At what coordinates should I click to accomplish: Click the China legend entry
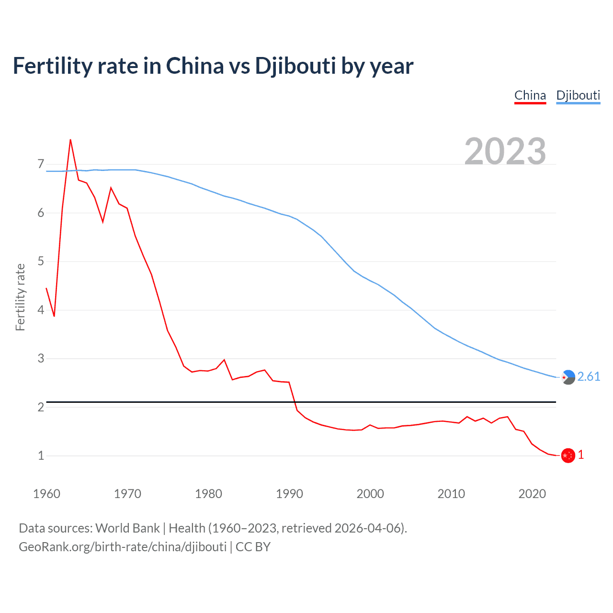point(530,95)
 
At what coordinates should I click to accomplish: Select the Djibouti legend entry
point(578,95)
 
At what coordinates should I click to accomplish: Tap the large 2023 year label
point(505,151)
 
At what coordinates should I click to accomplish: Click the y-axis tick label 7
point(41,164)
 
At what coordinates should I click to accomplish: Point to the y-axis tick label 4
point(41,310)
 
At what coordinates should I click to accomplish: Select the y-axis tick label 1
point(41,455)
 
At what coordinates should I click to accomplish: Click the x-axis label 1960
point(46,494)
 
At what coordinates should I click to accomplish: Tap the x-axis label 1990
point(289,494)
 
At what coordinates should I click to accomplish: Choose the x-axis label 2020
point(532,494)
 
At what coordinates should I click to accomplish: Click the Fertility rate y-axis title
point(20,297)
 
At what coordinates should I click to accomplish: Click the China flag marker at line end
point(568,455)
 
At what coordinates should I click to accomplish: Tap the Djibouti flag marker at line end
point(568,377)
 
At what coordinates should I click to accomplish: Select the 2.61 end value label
point(589,377)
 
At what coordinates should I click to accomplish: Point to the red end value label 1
point(581,455)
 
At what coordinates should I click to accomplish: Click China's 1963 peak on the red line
point(70,140)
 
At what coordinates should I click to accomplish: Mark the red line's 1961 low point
point(54,316)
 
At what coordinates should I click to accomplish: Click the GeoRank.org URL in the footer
point(123,547)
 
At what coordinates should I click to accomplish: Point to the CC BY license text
point(253,547)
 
